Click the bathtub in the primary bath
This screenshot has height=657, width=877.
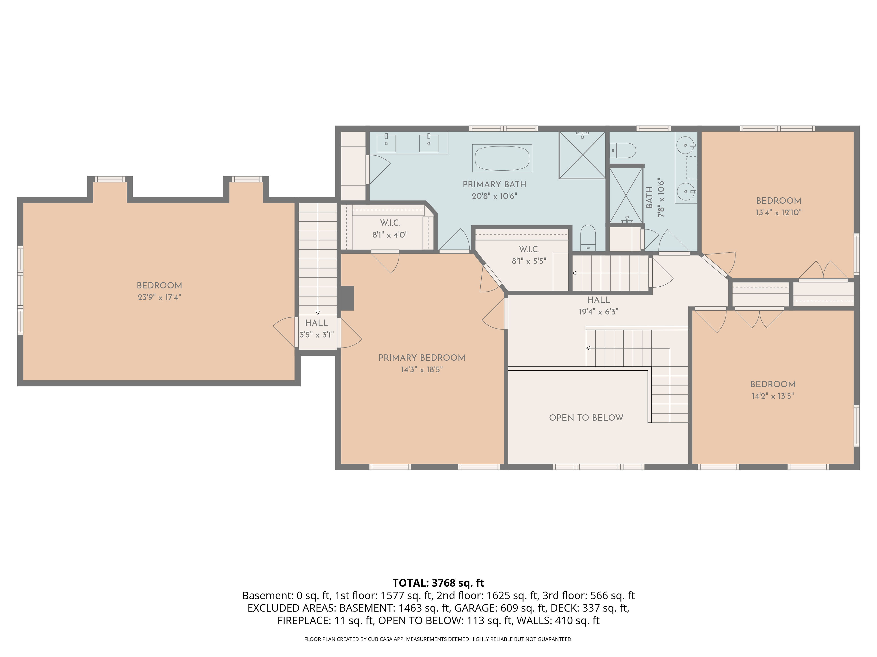502,158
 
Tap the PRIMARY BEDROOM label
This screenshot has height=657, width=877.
422,358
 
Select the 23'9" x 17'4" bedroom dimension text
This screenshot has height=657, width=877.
159,297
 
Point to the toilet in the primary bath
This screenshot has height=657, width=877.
588,237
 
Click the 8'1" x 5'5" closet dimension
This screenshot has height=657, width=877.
529,261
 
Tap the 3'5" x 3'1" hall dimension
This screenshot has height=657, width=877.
316,335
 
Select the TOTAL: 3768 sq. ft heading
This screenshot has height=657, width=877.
438,583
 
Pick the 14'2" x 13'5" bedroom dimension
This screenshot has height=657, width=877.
773,396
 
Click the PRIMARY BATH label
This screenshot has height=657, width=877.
494,184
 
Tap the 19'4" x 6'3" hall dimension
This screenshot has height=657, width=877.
598,312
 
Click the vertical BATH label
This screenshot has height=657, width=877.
649,198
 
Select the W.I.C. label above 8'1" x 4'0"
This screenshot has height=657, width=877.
390,223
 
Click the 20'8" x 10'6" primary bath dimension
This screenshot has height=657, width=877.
494,196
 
